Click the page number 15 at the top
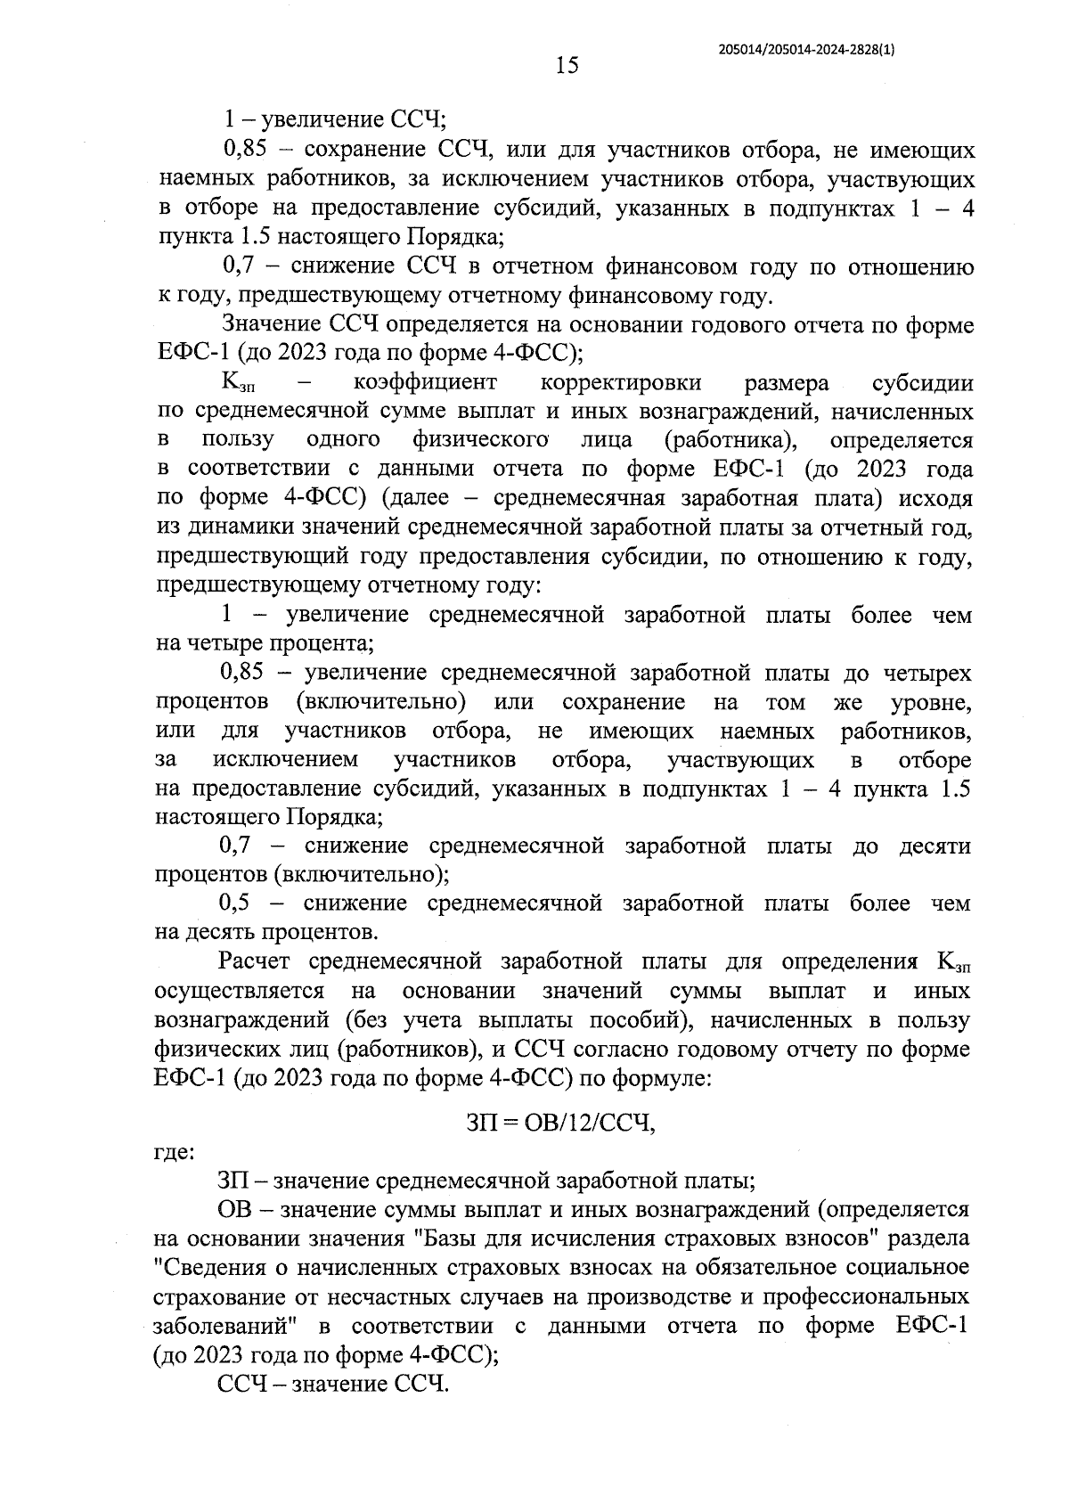click(x=567, y=65)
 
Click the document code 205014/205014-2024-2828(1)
click(x=806, y=51)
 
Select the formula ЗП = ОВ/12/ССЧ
click(x=561, y=1123)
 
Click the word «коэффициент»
click(x=425, y=383)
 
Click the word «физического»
click(x=479, y=440)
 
